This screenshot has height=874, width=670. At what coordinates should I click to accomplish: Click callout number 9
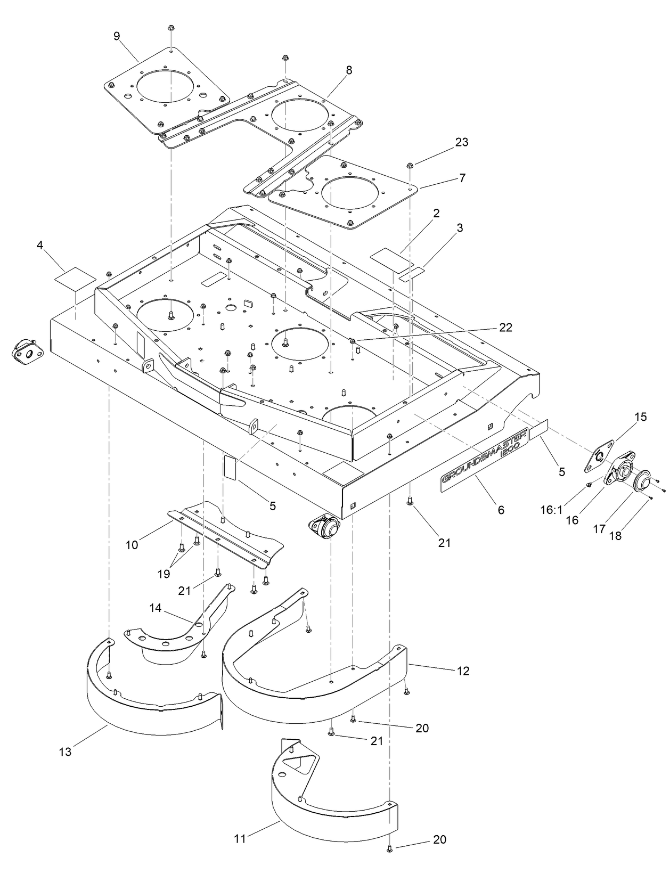pos(117,36)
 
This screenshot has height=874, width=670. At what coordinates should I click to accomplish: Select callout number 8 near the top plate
pos(349,70)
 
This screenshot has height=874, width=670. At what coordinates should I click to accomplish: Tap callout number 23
pos(462,142)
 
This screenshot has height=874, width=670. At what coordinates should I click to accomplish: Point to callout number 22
pos(505,328)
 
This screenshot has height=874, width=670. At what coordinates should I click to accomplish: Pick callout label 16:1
pos(552,510)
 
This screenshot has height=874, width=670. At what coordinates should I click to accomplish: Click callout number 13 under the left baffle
pos(65,752)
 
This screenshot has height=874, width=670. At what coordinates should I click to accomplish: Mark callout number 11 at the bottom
pos(240,839)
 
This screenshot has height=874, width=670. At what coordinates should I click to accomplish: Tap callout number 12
pos(463,671)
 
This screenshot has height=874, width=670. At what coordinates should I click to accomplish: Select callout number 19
pos(164,574)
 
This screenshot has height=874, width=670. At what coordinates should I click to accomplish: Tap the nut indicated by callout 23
pos(411,164)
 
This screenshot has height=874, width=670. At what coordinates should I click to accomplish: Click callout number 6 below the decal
pos(500,510)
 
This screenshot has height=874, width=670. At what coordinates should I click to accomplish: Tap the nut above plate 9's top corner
pos(170,28)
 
